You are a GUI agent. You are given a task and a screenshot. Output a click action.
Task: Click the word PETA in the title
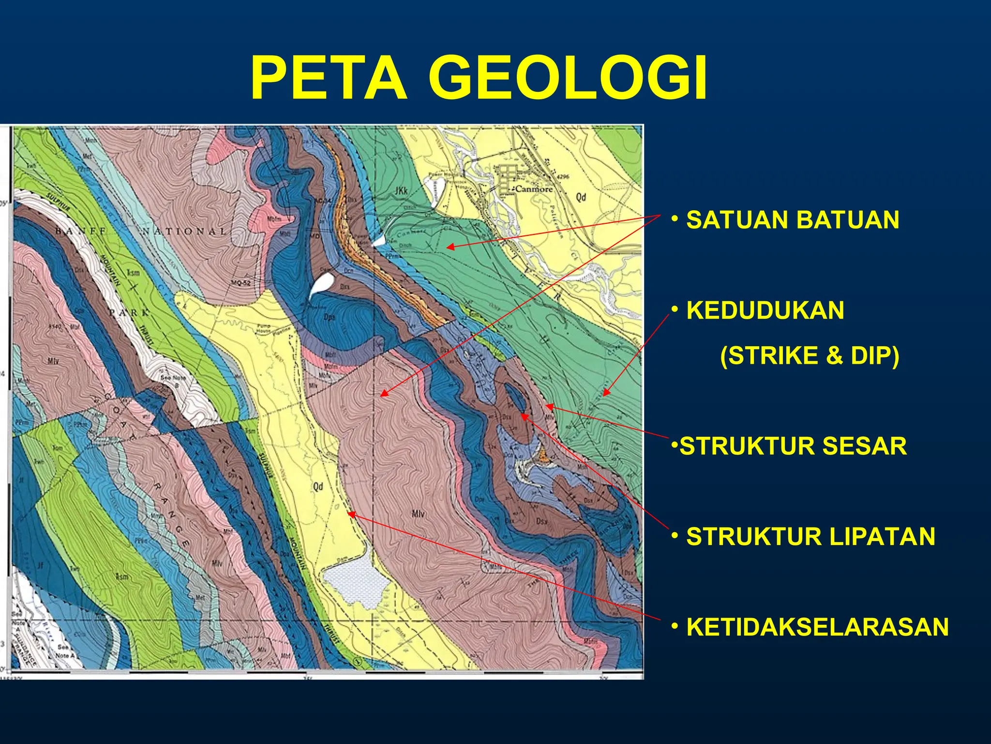329,78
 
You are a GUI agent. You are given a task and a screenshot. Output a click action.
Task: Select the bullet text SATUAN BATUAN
792,220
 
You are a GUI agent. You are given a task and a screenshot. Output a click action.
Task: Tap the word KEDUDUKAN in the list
765,310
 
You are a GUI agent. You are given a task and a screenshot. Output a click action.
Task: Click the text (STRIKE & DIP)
809,356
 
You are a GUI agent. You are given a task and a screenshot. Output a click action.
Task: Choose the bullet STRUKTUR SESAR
793,446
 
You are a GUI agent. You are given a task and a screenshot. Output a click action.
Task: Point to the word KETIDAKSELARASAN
817,627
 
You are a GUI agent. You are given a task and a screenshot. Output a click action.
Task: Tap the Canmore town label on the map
533,189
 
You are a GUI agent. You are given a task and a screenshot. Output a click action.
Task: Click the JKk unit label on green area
401,191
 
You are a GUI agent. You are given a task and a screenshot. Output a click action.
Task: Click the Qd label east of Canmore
581,197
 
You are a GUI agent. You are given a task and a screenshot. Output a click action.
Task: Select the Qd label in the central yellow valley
318,486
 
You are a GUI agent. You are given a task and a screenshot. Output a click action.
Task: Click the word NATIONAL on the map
184,232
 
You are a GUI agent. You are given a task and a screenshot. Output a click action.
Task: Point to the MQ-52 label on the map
240,283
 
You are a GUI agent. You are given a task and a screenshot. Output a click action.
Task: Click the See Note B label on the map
173,381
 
